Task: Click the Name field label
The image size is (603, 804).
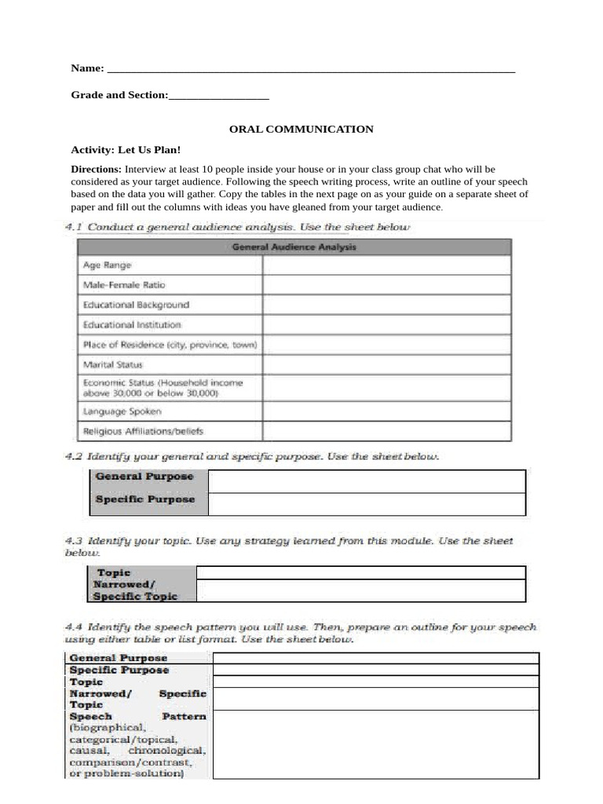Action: point(88,68)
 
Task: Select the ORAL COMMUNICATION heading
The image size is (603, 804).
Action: point(301,129)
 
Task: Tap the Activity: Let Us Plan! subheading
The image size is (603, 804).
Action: point(126,149)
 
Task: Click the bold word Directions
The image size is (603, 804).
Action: point(96,169)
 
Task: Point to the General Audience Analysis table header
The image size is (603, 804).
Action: point(294,247)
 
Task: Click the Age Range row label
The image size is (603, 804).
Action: point(107,265)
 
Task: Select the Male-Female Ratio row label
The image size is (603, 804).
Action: point(124,285)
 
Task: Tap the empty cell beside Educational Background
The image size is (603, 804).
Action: point(386,305)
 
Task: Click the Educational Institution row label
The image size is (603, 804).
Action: point(132,324)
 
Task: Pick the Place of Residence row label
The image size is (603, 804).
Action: point(170,344)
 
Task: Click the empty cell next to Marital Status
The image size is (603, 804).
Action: point(386,364)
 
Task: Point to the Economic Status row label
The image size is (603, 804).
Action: point(163,388)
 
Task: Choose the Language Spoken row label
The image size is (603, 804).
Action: point(122,411)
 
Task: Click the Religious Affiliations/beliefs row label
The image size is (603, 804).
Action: point(143,431)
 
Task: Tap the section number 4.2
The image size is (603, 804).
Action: point(73,456)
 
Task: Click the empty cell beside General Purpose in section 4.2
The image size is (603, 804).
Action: point(367,481)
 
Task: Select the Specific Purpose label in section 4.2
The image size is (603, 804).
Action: point(145,499)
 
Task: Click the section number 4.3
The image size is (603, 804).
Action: point(73,541)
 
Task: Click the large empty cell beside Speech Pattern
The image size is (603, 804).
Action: point(375,744)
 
